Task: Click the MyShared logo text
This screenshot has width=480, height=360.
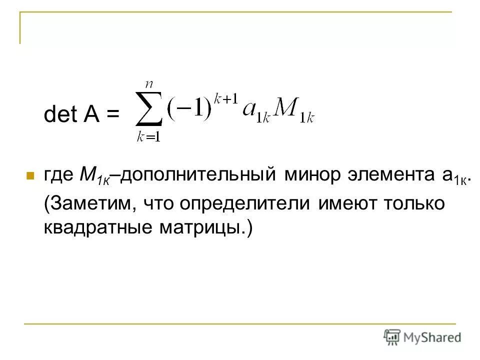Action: point(432,337)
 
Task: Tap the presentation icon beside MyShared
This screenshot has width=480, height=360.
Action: point(392,337)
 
